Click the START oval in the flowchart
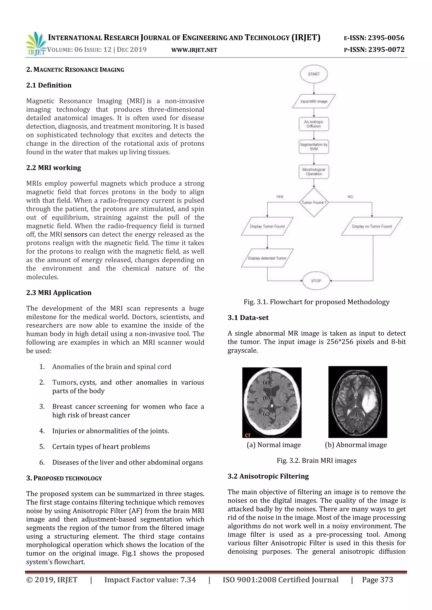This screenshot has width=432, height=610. pyautogui.click(x=314, y=74)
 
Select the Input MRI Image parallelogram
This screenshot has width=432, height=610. pyautogui.click(x=314, y=101)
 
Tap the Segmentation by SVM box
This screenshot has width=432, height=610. pyautogui.click(x=314, y=147)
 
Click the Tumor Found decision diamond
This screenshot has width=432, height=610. pyautogui.click(x=314, y=202)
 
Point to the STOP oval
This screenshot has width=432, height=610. pyautogui.click(x=316, y=281)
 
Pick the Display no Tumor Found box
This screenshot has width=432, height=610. pyautogui.click(x=372, y=226)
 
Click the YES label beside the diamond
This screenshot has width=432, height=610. pyautogui.click(x=279, y=197)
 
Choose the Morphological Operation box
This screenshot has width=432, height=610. pyautogui.click(x=314, y=172)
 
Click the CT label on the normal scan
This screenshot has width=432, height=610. pyautogui.click(x=248, y=435)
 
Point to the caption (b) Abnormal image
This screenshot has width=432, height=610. pyautogui.click(x=356, y=445)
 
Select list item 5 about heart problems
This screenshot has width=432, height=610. pyautogui.click(x=101, y=447)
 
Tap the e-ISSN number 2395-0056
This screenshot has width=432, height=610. pyautogui.click(x=386, y=38)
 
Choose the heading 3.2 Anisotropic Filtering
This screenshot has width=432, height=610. pyautogui.click(x=268, y=476)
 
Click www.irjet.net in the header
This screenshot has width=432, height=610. pyautogui.click(x=194, y=50)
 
